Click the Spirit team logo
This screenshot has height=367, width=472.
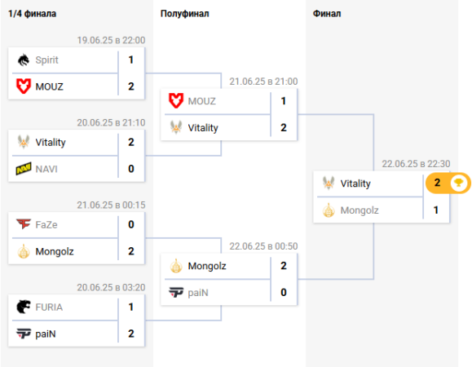pyautogui.click(x=24, y=60)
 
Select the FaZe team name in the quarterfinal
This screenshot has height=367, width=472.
pyautogui.click(x=46, y=224)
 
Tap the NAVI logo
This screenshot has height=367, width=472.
pyautogui.click(x=24, y=169)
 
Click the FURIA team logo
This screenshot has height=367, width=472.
pyautogui.click(x=24, y=307)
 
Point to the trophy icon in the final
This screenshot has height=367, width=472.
pyautogui.click(x=458, y=183)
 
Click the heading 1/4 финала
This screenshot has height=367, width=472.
pyautogui.click(x=32, y=14)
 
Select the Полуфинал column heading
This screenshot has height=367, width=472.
pyautogui.click(x=184, y=14)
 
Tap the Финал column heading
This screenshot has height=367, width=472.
pyautogui.click(x=327, y=14)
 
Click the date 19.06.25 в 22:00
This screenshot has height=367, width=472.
pyautogui.click(x=111, y=40)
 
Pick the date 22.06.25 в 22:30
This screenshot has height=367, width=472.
pyautogui.click(x=416, y=164)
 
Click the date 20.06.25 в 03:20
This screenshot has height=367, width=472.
pyautogui.click(x=111, y=287)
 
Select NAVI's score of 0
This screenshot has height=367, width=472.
pyautogui.click(x=131, y=169)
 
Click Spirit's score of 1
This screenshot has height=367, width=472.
pyautogui.click(x=131, y=60)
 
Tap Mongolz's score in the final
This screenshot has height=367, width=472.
pyautogui.click(x=435, y=210)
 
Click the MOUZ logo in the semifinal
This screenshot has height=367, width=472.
pyautogui.click(x=176, y=100)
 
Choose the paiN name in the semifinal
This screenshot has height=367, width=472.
pyautogui.click(x=198, y=293)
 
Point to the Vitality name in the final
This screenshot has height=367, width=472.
pyautogui.click(x=355, y=183)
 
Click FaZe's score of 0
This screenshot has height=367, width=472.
pyautogui.click(x=131, y=224)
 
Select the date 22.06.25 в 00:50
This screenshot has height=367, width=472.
pyautogui.click(x=263, y=246)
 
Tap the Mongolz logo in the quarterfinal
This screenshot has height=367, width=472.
pyautogui.click(x=24, y=251)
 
